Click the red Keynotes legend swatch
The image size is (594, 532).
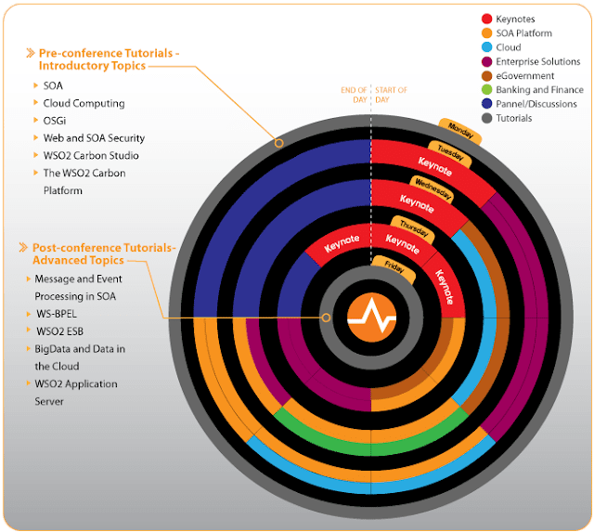[486, 19]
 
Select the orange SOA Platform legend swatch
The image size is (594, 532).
[486, 32]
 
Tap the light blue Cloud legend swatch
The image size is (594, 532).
[486, 47]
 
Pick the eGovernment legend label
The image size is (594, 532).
[525, 76]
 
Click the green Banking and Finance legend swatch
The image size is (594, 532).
[486, 90]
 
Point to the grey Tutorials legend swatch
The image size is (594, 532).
[486, 118]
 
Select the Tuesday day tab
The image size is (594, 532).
[449, 153]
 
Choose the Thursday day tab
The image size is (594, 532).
[413, 226]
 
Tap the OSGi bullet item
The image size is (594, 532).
[56, 121]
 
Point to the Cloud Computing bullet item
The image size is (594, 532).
[84, 103]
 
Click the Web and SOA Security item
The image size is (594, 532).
[94, 138]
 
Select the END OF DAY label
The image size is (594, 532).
[355, 95]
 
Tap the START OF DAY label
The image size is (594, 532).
[390, 95]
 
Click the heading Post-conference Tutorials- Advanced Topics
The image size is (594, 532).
[102, 253]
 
